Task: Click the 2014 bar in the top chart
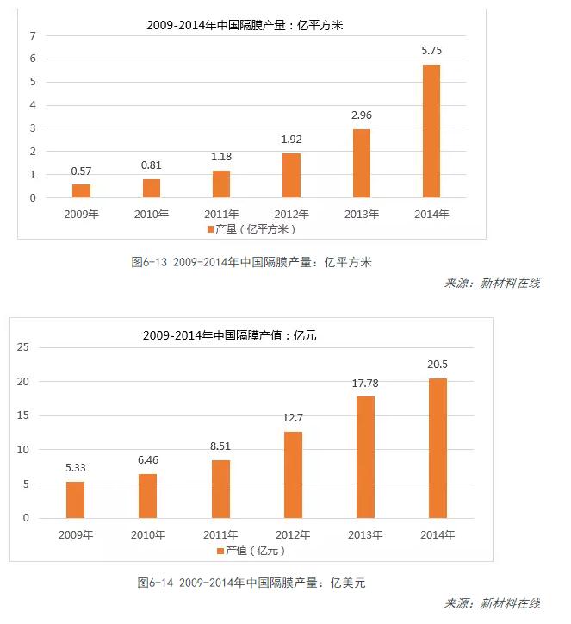[x=431, y=131]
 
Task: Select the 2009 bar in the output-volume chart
[x=81, y=190]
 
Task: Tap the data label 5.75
[x=431, y=52]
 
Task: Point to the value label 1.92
[x=291, y=140]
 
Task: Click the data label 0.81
[x=152, y=166]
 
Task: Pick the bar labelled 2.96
[x=362, y=163]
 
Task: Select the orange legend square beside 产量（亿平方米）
[x=210, y=229]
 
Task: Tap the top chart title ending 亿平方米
[x=245, y=26]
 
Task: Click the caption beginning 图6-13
[x=251, y=262]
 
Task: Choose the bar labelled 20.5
[x=438, y=448]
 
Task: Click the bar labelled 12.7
[x=294, y=474]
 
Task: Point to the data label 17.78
[x=366, y=382]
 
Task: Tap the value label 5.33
[x=76, y=468]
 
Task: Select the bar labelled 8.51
[x=221, y=489]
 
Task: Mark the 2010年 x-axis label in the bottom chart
[x=148, y=535]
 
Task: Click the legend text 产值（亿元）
[x=256, y=551]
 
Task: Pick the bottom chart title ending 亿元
[x=230, y=335]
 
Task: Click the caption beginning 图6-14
[x=251, y=583]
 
